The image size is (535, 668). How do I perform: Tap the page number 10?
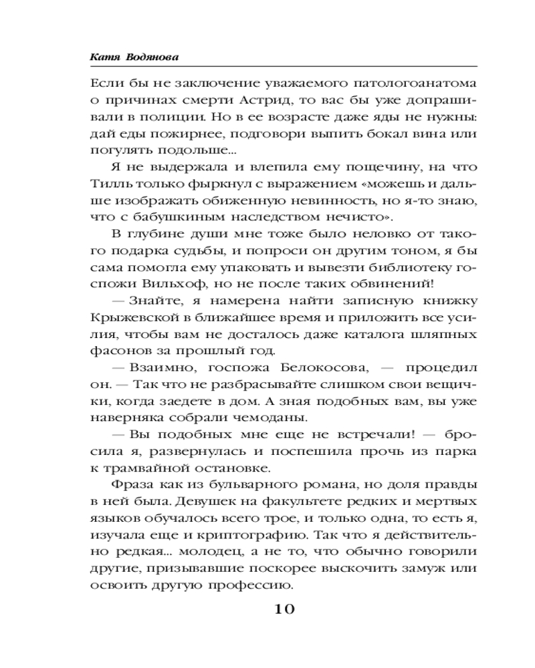coord(281,609)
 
